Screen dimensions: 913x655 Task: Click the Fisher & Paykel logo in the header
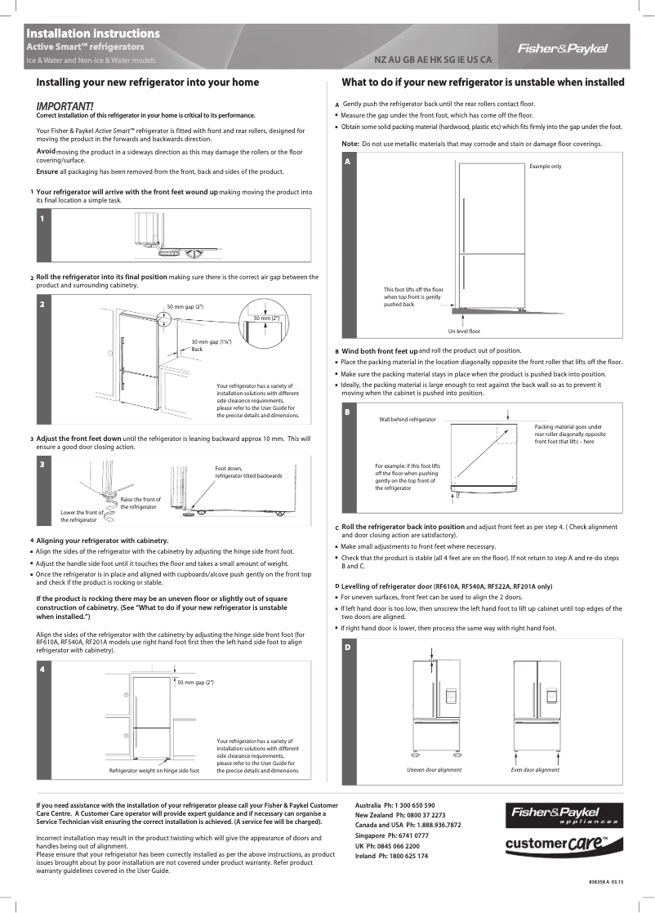click(x=563, y=48)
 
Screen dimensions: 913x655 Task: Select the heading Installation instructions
click(x=92, y=33)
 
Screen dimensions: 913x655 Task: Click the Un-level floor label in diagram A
click(x=464, y=331)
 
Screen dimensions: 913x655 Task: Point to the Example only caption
click(x=546, y=166)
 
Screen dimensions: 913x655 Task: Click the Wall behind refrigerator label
click(x=408, y=419)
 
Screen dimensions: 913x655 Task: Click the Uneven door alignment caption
click(x=434, y=769)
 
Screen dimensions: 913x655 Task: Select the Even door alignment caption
click(x=535, y=769)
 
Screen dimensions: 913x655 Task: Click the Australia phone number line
click(x=395, y=805)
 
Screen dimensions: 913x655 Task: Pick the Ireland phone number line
click(x=391, y=855)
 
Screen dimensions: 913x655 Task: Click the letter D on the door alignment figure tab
click(x=347, y=647)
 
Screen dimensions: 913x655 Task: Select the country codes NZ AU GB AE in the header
click(x=433, y=60)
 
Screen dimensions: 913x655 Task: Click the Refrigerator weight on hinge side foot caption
click(x=154, y=770)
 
